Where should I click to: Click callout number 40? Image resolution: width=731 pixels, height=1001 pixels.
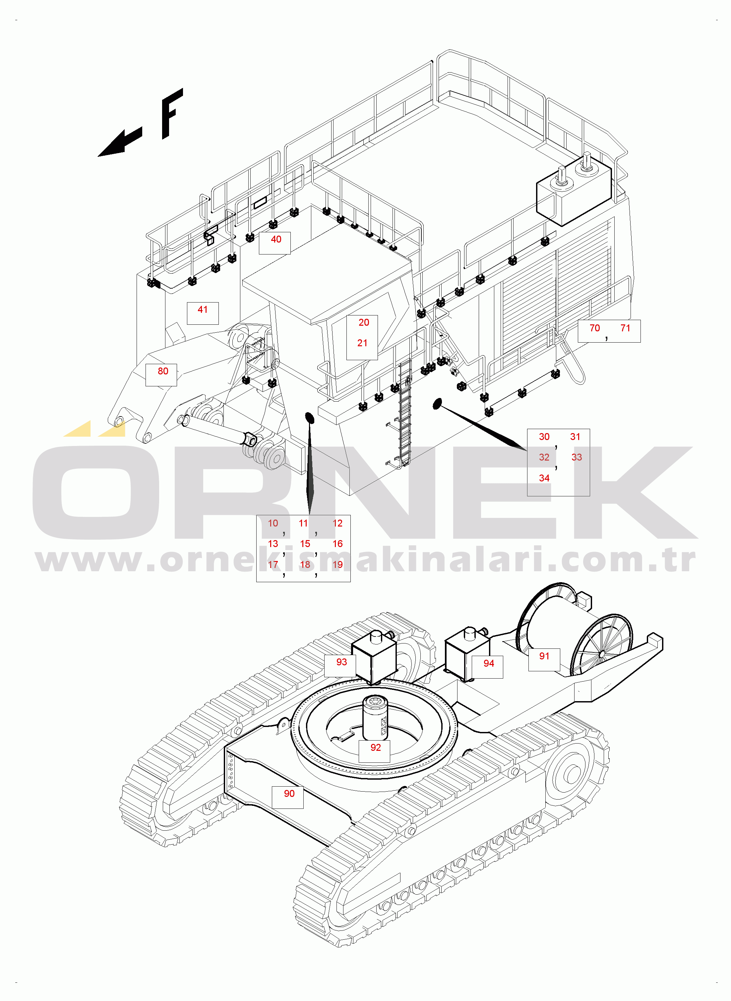pyautogui.click(x=276, y=239)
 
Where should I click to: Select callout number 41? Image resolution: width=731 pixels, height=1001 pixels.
pyautogui.click(x=203, y=309)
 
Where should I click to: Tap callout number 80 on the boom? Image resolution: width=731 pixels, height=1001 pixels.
pyautogui.click(x=163, y=371)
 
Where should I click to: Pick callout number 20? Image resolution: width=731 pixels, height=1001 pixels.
pyautogui.click(x=364, y=322)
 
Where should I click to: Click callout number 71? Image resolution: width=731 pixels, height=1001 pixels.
pyautogui.click(x=625, y=328)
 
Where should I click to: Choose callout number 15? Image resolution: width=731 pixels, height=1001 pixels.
pyautogui.click(x=305, y=543)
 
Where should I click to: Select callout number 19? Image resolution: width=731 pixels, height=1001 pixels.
pyautogui.click(x=337, y=564)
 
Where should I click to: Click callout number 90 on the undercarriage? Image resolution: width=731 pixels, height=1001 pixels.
pyautogui.click(x=289, y=793)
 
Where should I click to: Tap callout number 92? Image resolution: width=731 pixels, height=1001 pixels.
pyautogui.click(x=375, y=747)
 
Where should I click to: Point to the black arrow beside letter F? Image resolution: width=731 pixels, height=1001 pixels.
pyautogui.click(x=119, y=143)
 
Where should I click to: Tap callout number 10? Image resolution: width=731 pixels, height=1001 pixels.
pyautogui.click(x=273, y=523)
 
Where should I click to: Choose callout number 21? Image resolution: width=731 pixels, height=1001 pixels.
pyautogui.click(x=362, y=343)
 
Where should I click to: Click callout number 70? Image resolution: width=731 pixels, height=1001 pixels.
pyautogui.click(x=594, y=328)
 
